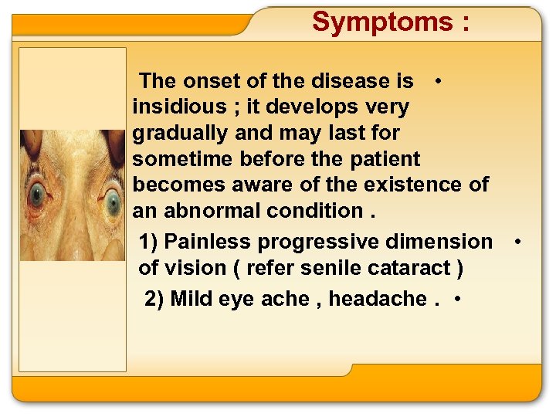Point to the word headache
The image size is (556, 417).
378,298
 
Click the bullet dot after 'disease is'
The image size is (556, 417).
438,80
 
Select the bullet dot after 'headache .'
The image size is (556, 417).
459,299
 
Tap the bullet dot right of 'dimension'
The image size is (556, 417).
517,242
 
